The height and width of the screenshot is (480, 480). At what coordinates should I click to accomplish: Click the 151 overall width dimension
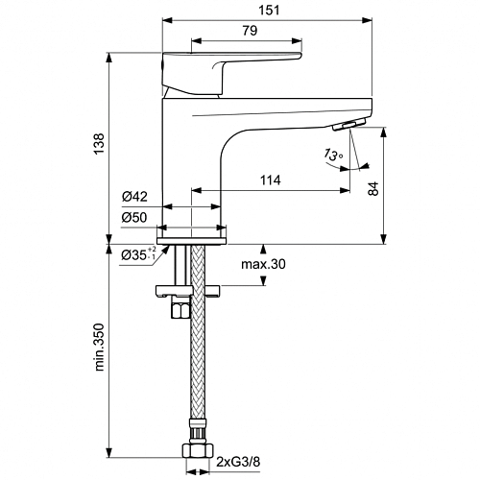tap(269, 11)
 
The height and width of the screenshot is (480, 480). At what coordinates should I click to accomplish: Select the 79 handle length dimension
tap(250, 31)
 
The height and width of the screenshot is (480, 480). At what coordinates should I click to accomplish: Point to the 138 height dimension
tap(99, 144)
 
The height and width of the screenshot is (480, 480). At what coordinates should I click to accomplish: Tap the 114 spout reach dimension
tap(271, 180)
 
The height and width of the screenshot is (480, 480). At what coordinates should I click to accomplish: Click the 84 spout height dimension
tap(373, 188)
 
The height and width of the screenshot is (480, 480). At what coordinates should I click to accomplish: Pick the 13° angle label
tap(333, 155)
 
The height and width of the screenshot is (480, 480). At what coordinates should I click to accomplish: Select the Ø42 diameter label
tap(134, 197)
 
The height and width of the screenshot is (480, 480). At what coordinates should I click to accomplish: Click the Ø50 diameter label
tap(134, 218)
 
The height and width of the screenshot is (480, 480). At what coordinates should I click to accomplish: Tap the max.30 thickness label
tap(263, 264)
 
